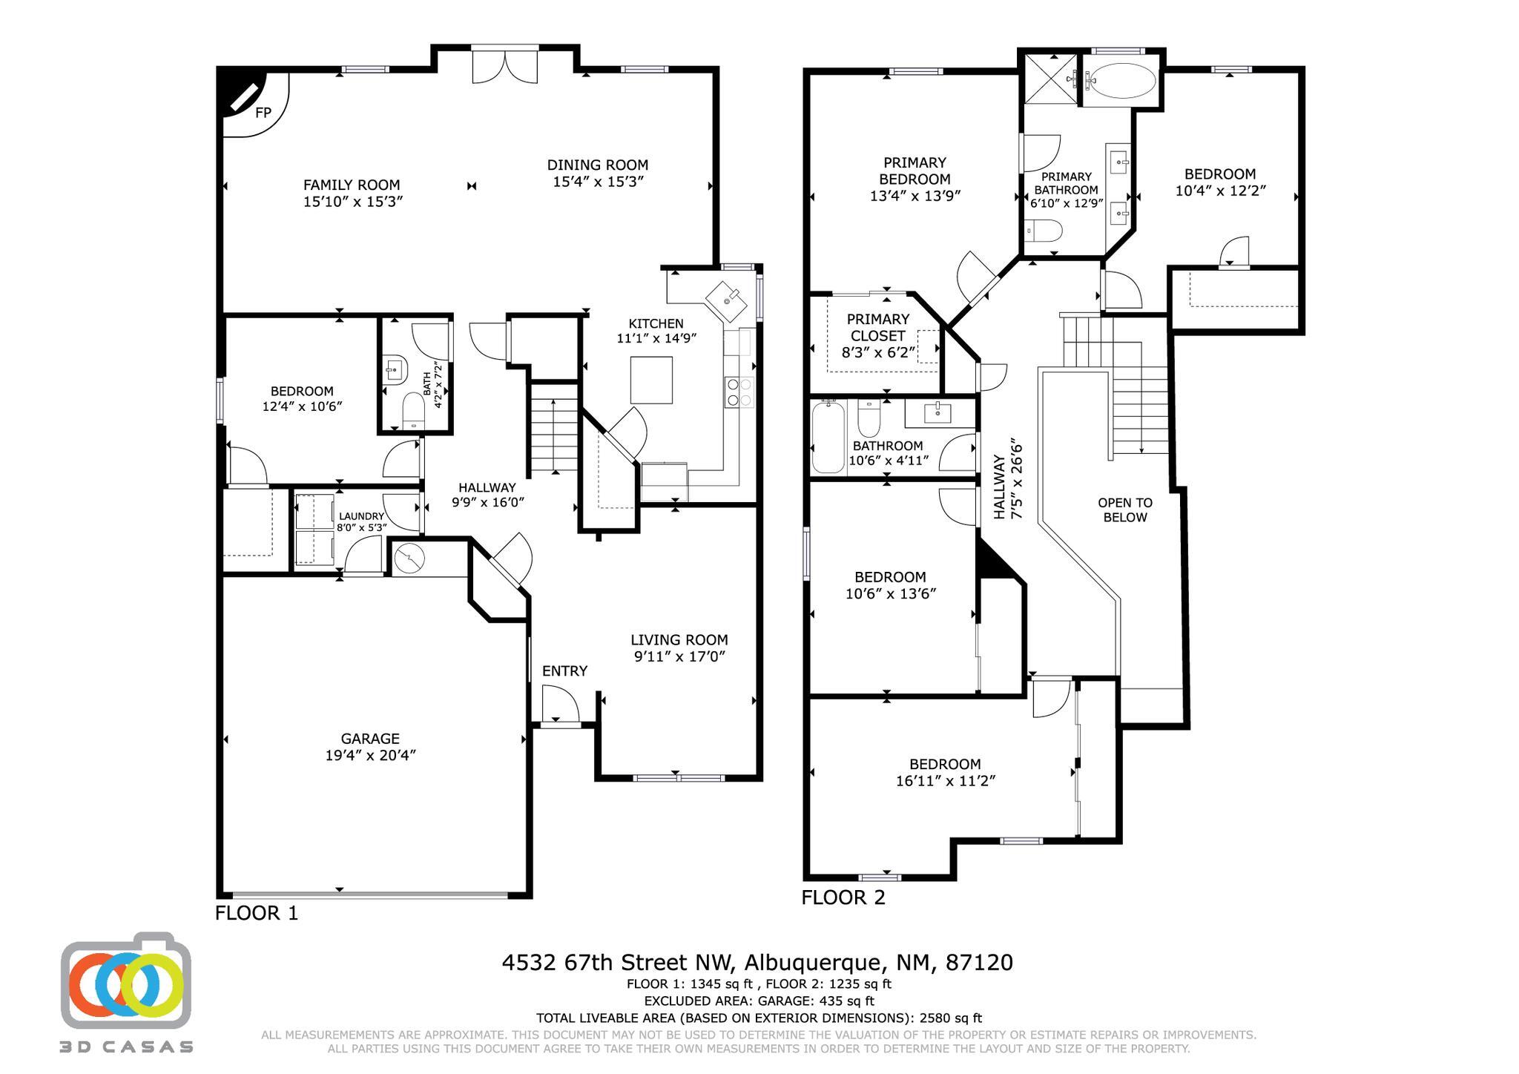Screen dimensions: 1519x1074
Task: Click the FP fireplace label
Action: point(263,113)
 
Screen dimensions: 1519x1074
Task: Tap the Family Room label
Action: point(352,185)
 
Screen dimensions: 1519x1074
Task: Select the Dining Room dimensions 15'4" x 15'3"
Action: point(598,182)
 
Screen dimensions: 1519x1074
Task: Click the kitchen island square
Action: point(652,380)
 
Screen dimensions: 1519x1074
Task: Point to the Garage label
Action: point(370,739)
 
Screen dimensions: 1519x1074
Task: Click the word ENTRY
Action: point(564,671)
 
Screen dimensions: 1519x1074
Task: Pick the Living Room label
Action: point(679,639)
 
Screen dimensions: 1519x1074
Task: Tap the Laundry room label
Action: point(361,516)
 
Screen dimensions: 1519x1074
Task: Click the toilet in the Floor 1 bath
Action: point(413,411)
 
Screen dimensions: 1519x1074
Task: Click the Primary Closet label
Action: point(878,327)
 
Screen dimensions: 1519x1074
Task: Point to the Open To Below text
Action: point(1125,510)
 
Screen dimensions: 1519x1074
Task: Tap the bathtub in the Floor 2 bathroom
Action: point(828,437)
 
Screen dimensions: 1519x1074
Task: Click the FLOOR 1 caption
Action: point(257,913)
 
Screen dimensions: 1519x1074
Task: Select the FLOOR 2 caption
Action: point(843,897)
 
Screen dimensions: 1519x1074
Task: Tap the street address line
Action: point(757,963)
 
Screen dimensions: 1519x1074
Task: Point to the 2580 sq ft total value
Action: point(951,1018)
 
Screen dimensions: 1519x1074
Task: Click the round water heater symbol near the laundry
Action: point(409,558)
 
